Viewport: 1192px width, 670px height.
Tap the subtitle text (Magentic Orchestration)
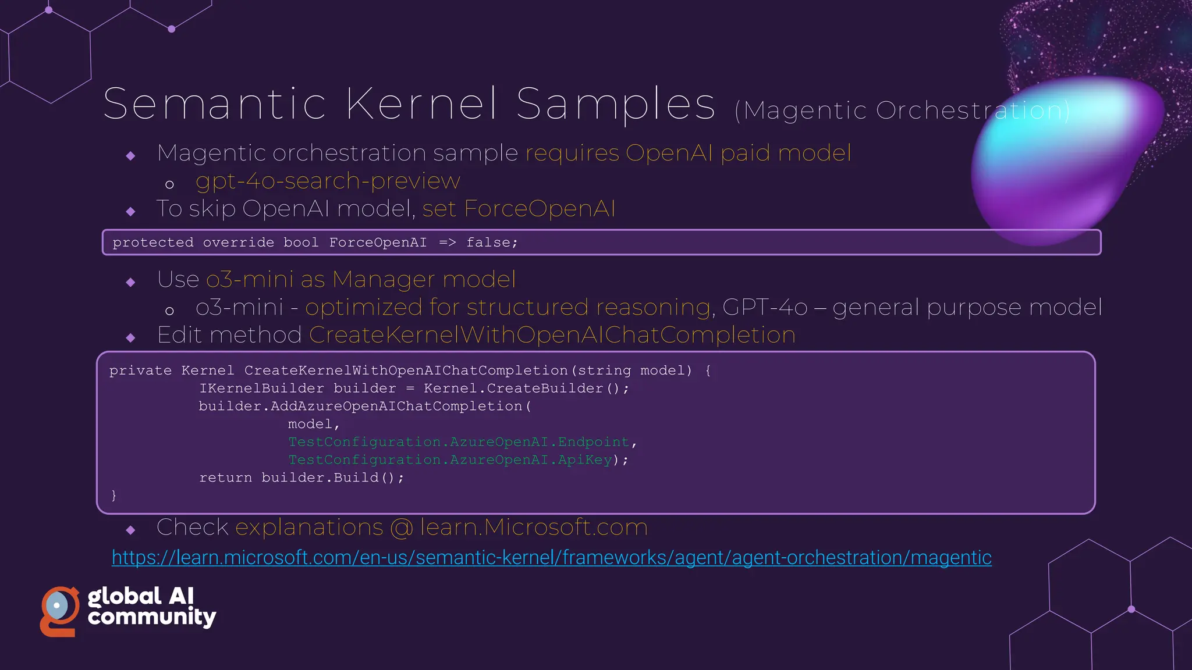click(902, 111)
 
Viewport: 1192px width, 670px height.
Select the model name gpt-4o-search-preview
click(328, 181)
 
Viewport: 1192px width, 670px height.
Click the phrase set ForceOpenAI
click(519, 209)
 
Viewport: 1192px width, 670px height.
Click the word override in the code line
click(238, 243)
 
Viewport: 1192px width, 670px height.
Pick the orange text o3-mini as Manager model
click(361, 280)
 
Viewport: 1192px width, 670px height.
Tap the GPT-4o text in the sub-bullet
click(764, 307)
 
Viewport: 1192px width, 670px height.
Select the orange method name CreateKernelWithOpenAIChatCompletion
click(552, 335)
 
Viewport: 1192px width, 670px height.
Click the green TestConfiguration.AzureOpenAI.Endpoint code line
click(459, 442)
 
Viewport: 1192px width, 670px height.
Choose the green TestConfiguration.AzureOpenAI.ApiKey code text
click(450, 460)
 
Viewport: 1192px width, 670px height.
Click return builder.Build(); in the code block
click(301, 478)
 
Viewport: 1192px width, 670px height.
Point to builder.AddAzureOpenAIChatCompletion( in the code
click(365, 407)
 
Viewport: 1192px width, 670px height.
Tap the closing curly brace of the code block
click(114, 496)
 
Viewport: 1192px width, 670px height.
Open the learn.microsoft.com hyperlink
click(551, 558)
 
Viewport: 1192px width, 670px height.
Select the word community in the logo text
click(152, 617)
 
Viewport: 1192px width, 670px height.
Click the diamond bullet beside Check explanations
click(130, 530)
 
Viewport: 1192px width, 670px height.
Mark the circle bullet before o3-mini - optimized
click(169, 311)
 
